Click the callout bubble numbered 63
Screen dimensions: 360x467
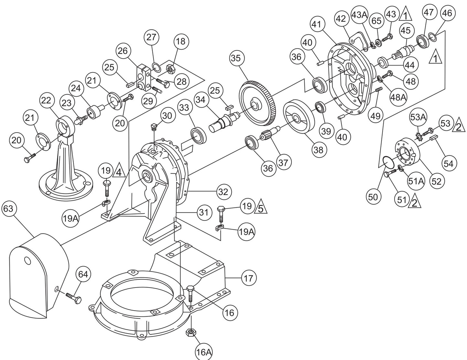(x=8, y=209)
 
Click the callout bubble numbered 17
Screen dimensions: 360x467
(x=248, y=278)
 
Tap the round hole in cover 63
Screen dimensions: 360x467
(x=27, y=260)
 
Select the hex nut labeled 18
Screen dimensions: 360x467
(x=170, y=69)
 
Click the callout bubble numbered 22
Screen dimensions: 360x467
(x=46, y=101)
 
